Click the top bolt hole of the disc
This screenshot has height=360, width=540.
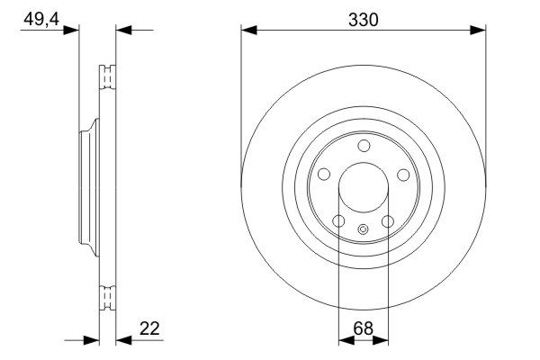point(364,146)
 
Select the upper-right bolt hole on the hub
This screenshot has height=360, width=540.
point(403,175)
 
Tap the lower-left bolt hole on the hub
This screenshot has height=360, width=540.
point(338,221)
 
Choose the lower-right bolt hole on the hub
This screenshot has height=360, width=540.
point(388,221)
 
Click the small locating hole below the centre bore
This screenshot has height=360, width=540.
point(364,229)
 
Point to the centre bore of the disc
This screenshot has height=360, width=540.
point(364,188)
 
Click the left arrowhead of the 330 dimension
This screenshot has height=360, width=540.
point(248,30)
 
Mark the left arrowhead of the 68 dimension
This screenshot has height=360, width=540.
point(344,340)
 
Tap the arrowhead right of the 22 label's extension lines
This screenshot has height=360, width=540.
point(123,340)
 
